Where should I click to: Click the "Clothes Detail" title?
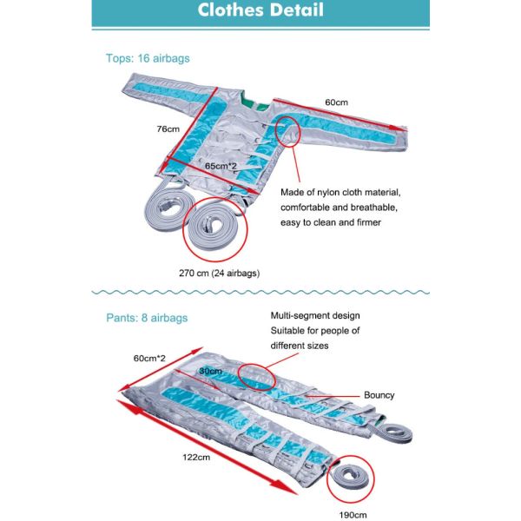pyautogui.click(x=260, y=10)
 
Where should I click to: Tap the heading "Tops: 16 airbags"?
pyautogui.click(x=148, y=58)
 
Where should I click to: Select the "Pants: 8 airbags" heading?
pyautogui.click(x=147, y=318)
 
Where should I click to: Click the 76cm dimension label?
pyautogui.click(x=168, y=129)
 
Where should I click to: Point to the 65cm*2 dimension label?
pyautogui.click(x=221, y=166)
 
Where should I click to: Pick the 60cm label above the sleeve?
pyautogui.click(x=336, y=102)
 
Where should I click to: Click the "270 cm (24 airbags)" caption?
pyautogui.click(x=220, y=274)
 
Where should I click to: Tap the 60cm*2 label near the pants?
pyautogui.click(x=149, y=358)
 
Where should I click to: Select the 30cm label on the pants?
pyautogui.click(x=211, y=371)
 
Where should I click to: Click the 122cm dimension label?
pyautogui.click(x=196, y=458)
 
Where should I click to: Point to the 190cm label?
pyautogui.click(x=353, y=515)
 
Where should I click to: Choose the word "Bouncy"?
pyautogui.click(x=379, y=395)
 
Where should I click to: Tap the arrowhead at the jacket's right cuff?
pyautogui.click(x=397, y=128)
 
